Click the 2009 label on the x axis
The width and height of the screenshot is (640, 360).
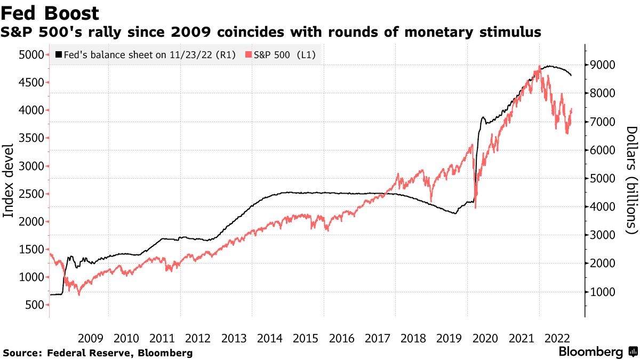91,338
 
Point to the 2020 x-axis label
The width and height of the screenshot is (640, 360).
486,338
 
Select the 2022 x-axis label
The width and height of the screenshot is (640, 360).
557,338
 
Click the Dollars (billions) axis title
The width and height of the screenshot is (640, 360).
631,180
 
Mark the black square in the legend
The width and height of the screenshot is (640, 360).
59,55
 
